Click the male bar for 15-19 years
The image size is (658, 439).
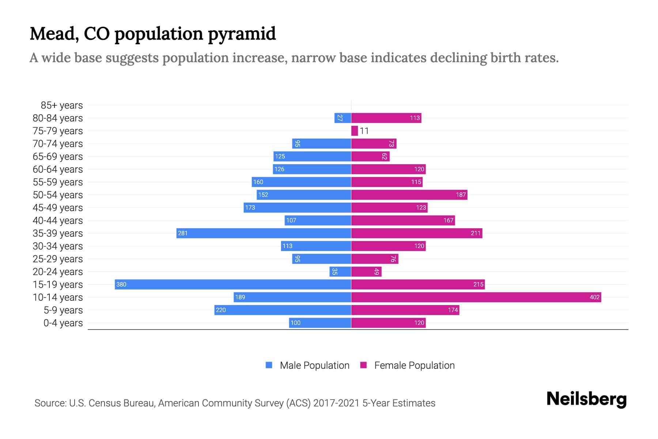pos(233,285)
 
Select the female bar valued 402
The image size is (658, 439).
pos(476,297)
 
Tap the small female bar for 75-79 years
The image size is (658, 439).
pos(354,131)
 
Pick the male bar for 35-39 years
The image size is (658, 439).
pos(264,233)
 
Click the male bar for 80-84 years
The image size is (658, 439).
pos(343,118)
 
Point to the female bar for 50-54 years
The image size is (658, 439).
pos(409,195)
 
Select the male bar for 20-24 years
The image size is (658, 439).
pos(340,272)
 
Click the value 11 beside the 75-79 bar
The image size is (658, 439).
pos(364,131)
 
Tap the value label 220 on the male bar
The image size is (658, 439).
pos(221,310)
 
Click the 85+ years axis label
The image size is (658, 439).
pos(61,105)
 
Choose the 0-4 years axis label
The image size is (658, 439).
pos(63,323)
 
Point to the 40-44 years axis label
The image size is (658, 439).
pos(58,221)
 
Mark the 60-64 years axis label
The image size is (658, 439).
pos(58,169)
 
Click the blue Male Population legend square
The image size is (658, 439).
pos(269,365)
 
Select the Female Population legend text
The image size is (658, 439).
pos(414,365)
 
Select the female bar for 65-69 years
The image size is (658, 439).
pos(370,157)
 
